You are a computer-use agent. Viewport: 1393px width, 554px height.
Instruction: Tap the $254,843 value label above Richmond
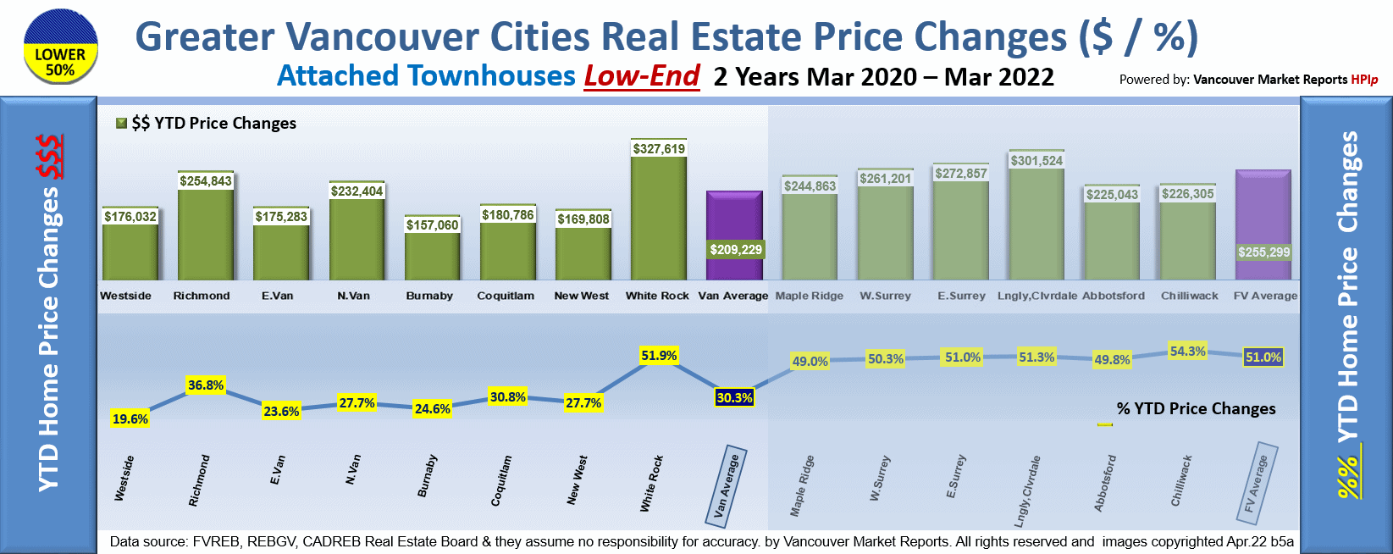click(x=206, y=180)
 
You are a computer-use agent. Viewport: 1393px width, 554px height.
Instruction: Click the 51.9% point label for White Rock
click(x=659, y=356)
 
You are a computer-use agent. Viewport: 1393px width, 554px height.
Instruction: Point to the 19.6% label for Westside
click(x=130, y=418)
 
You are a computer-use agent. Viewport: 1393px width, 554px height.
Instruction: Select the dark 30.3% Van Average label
click(x=734, y=397)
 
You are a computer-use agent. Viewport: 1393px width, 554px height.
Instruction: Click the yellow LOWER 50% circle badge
click(x=60, y=47)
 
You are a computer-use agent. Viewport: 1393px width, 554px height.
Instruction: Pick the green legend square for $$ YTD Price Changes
click(x=122, y=123)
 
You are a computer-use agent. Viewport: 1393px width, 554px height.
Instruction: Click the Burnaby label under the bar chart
click(x=429, y=296)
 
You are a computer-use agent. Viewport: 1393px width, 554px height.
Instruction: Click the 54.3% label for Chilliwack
click(x=1187, y=351)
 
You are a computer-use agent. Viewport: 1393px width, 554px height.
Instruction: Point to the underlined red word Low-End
click(x=642, y=76)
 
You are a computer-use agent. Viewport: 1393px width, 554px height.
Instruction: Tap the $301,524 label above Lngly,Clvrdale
click(x=1036, y=160)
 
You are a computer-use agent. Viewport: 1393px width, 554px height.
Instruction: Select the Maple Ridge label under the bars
click(x=810, y=296)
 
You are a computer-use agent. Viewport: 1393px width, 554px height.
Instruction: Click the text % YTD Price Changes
click(x=1196, y=408)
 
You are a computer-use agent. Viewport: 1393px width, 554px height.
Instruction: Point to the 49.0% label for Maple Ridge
click(x=810, y=361)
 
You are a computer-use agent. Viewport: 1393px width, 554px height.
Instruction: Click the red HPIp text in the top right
click(x=1364, y=80)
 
